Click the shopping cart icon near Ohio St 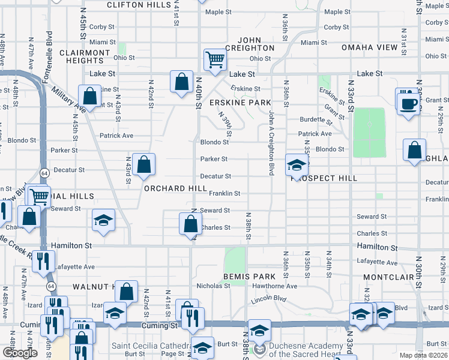coord(214,59)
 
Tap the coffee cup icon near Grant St coord(409,103)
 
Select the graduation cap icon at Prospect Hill coord(296,164)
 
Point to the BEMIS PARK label coord(249,277)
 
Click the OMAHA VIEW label coord(369,47)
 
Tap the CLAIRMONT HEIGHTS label coord(85,56)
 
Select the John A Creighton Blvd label coord(271,143)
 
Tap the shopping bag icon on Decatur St coord(144,164)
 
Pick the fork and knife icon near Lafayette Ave coord(43,261)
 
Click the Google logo coord(20,353)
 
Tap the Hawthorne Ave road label coord(274,286)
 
